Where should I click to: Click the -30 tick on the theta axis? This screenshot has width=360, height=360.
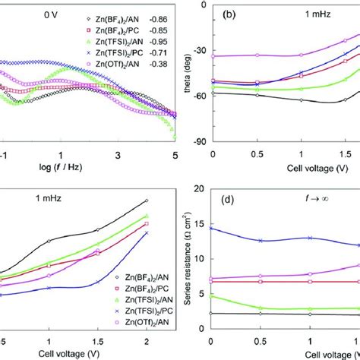198,49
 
